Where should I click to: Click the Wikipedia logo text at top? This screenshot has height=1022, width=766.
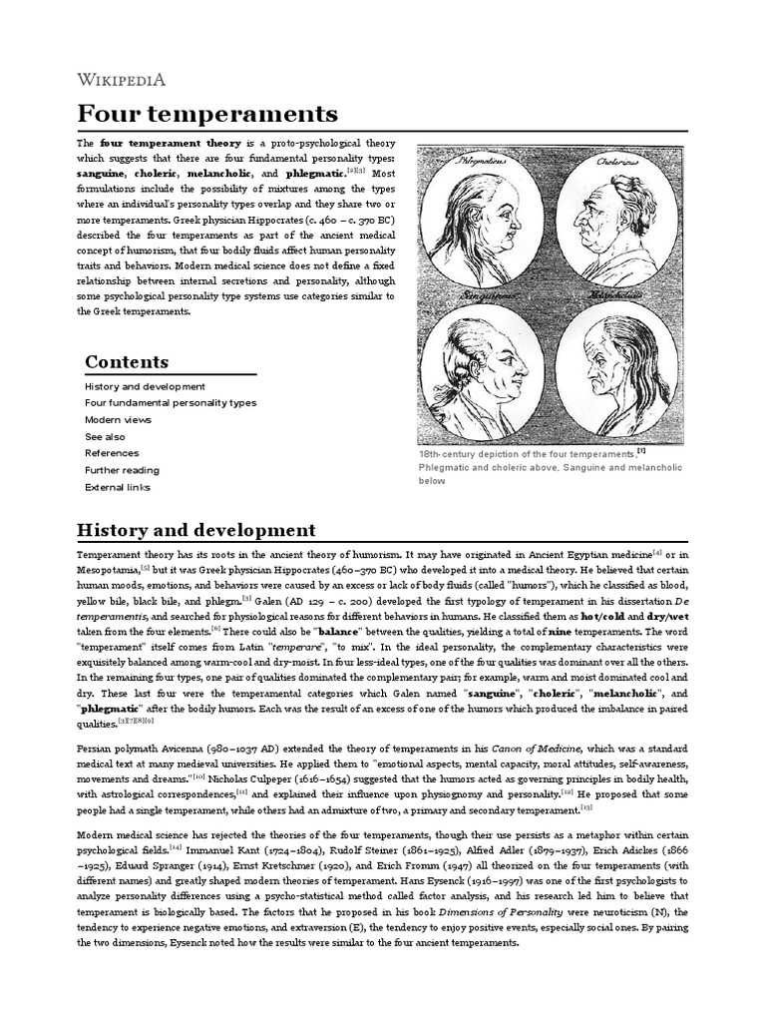coord(122,80)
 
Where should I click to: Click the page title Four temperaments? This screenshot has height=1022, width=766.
coord(207,112)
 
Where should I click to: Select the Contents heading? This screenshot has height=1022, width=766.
coord(127,361)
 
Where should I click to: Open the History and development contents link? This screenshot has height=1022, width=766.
coord(145,386)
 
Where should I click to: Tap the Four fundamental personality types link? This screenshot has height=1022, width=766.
coord(171,403)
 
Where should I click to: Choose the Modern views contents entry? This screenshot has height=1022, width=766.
coord(118,420)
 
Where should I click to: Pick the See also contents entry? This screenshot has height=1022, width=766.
coord(105,436)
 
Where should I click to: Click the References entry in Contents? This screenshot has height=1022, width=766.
coord(112,453)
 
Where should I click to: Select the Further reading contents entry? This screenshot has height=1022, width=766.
coord(122,470)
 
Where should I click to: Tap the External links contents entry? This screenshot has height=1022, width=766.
coord(118,487)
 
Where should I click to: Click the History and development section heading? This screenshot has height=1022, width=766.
coord(196,530)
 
